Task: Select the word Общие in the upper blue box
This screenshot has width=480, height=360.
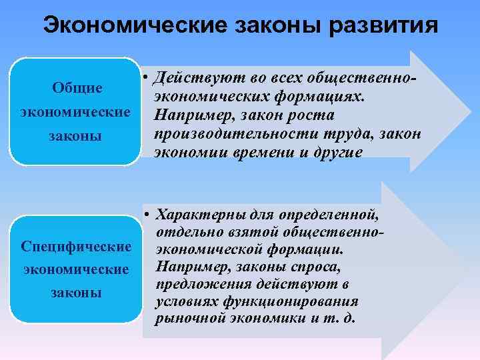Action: pyautogui.click(x=77, y=88)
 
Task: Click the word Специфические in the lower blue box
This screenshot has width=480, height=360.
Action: pyautogui.click(x=77, y=247)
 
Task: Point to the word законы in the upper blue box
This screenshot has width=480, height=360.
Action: pyautogui.click(x=77, y=136)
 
